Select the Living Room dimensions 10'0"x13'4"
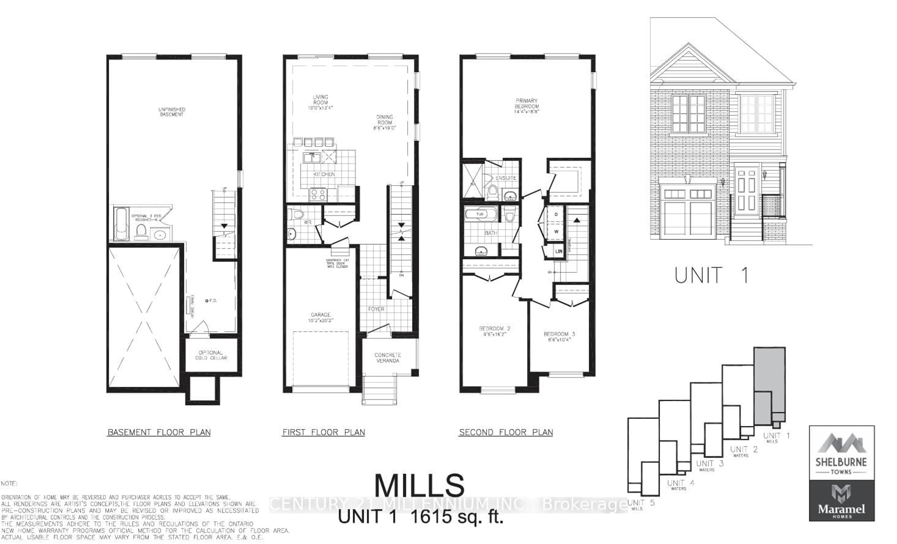pos(320,108)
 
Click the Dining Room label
pos(384,120)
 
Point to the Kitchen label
pos(324,174)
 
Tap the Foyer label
pos(376,309)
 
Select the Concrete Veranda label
pos(388,358)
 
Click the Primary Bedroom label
pos(527,104)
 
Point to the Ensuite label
pos(506,178)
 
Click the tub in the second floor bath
pos(481,214)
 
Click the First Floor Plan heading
pos(324,432)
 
